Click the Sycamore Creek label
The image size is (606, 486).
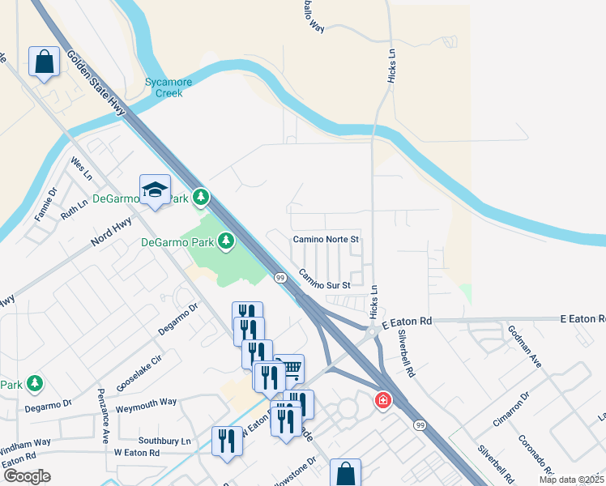[164, 87]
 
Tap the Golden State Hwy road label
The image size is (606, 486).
[99, 82]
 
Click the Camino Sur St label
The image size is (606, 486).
[324, 279]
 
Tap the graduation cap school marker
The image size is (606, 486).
[155, 190]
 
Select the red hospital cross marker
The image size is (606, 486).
[382, 400]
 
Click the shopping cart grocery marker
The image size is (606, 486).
[289, 369]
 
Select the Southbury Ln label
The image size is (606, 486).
[164, 441]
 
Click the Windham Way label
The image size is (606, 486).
[24, 446]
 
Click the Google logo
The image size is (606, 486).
[26, 476]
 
